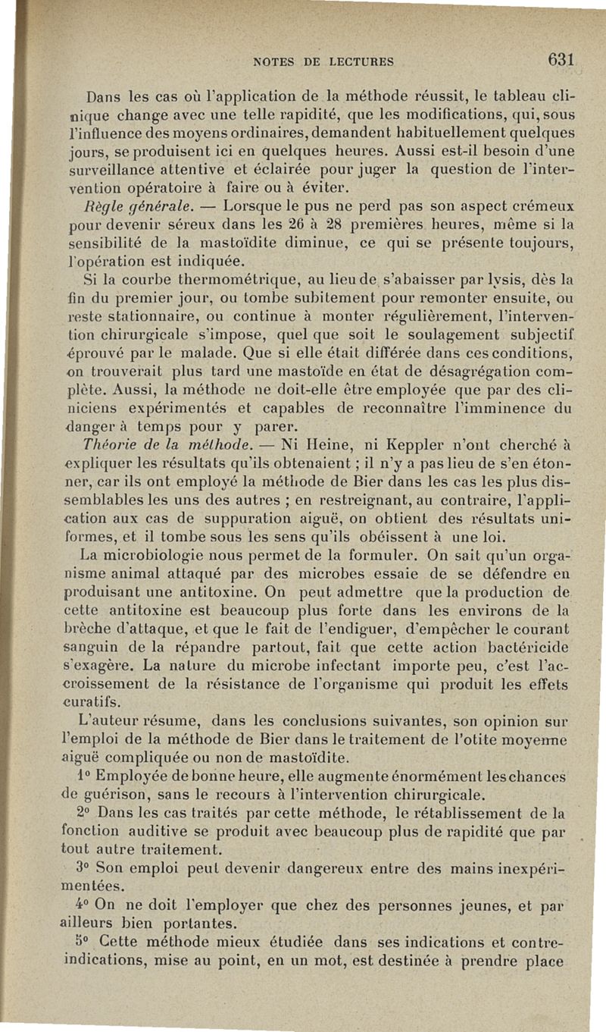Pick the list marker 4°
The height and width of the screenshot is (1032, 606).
point(85,905)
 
